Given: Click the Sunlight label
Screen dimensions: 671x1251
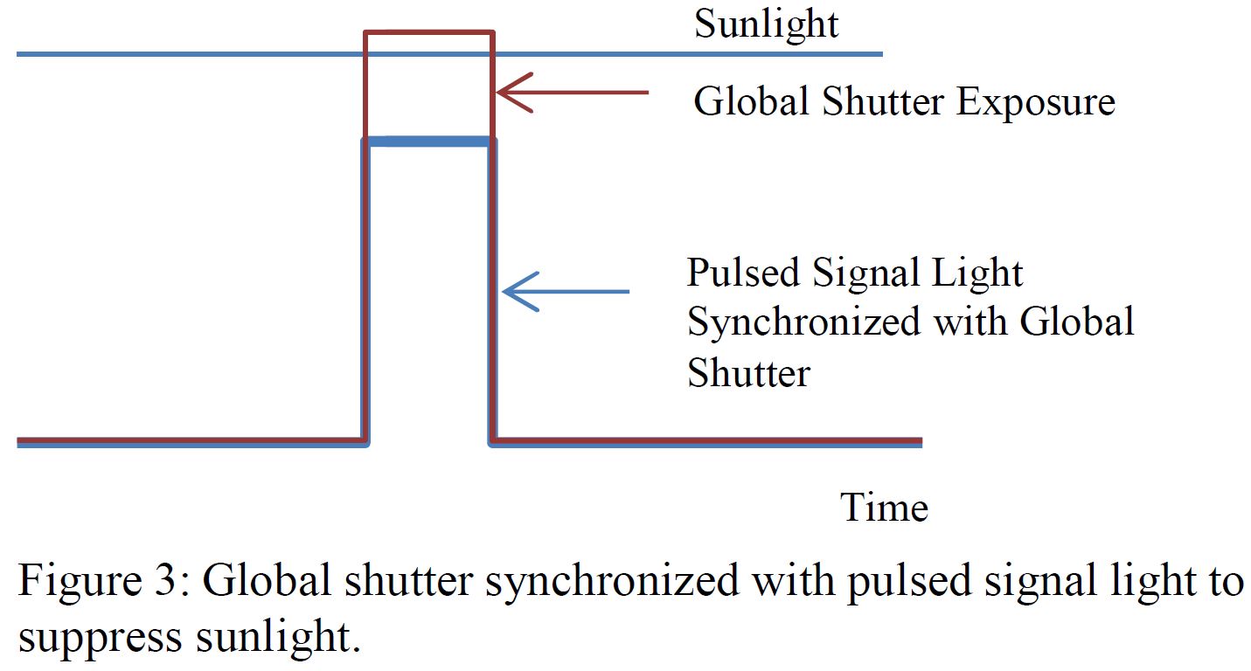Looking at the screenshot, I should click(x=766, y=24).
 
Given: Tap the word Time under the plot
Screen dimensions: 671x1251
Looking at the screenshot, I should click(x=884, y=508).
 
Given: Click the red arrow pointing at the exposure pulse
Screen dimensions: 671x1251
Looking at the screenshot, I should click(x=572, y=93).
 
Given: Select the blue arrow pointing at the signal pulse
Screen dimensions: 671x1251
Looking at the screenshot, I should click(x=566, y=291).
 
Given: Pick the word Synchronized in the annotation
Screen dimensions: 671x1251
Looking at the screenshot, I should click(x=803, y=322).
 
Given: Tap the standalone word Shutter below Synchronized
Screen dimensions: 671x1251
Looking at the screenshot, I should click(x=748, y=373).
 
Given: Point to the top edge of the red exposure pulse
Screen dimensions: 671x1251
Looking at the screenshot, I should click(x=428, y=33).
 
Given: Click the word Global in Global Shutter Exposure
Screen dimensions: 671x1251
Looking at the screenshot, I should click(x=751, y=103).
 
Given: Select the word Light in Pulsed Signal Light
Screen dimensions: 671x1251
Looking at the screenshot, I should click(x=978, y=273).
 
